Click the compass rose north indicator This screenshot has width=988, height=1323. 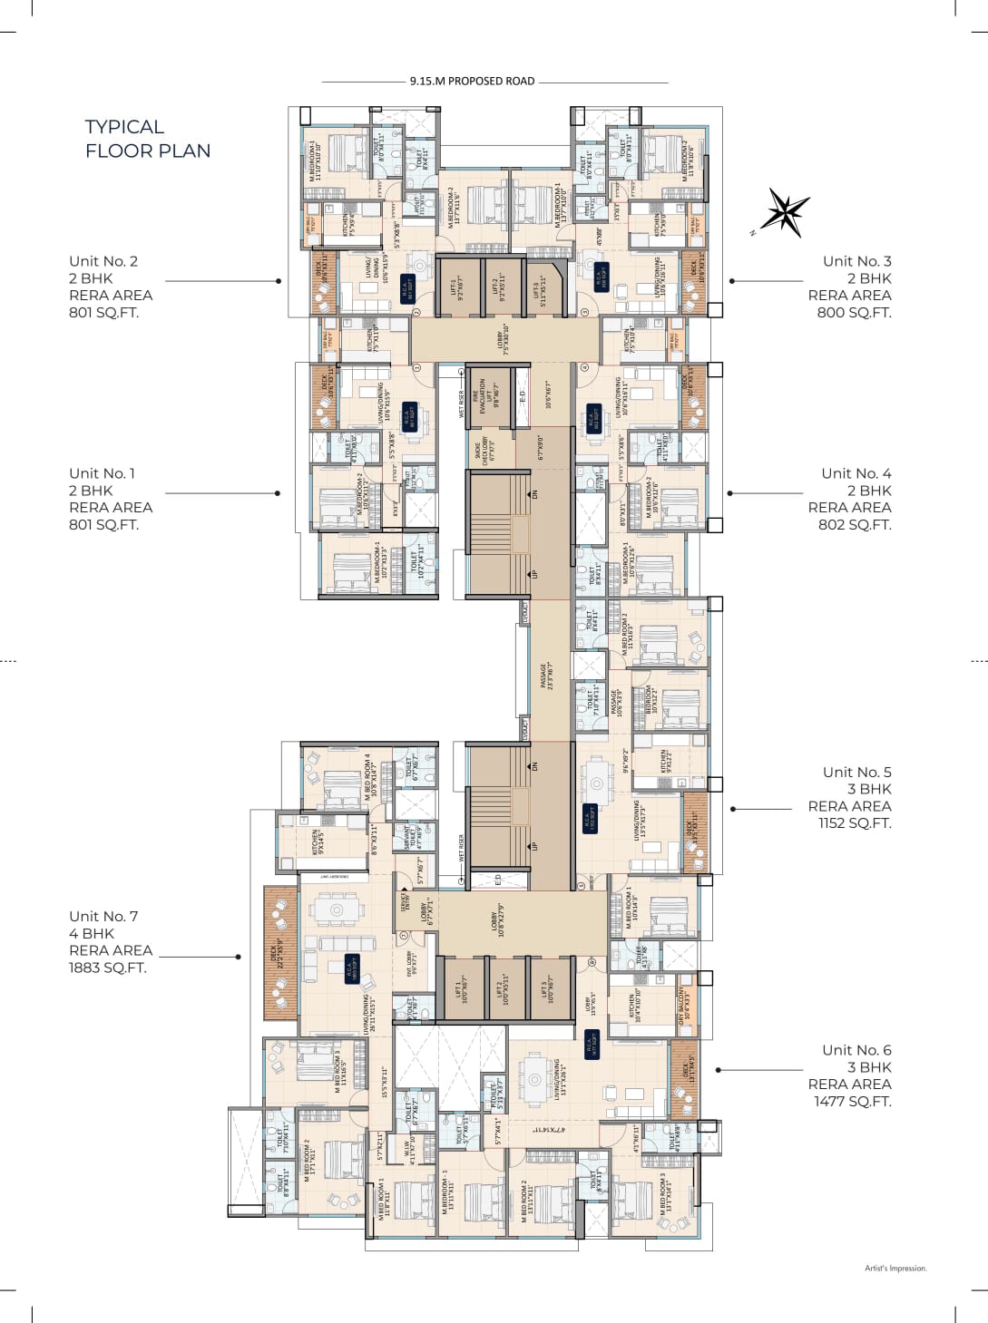tap(782, 214)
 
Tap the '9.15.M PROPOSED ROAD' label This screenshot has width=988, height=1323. tap(472, 81)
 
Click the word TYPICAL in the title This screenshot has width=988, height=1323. tap(124, 127)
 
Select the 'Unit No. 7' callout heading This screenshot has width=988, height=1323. tap(103, 916)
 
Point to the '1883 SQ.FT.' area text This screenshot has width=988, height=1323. tap(107, 968)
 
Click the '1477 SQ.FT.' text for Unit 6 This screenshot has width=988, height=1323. tap(852, 1101)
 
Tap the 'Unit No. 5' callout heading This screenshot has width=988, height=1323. tap(856, 772)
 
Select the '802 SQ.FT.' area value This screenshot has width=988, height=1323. tap(855, 524)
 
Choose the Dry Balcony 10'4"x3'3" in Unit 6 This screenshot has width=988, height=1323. tap(684, 1005)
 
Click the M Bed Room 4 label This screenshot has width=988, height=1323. tap(369, 776)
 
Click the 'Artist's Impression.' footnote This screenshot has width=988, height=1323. tap(895, 1269)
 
